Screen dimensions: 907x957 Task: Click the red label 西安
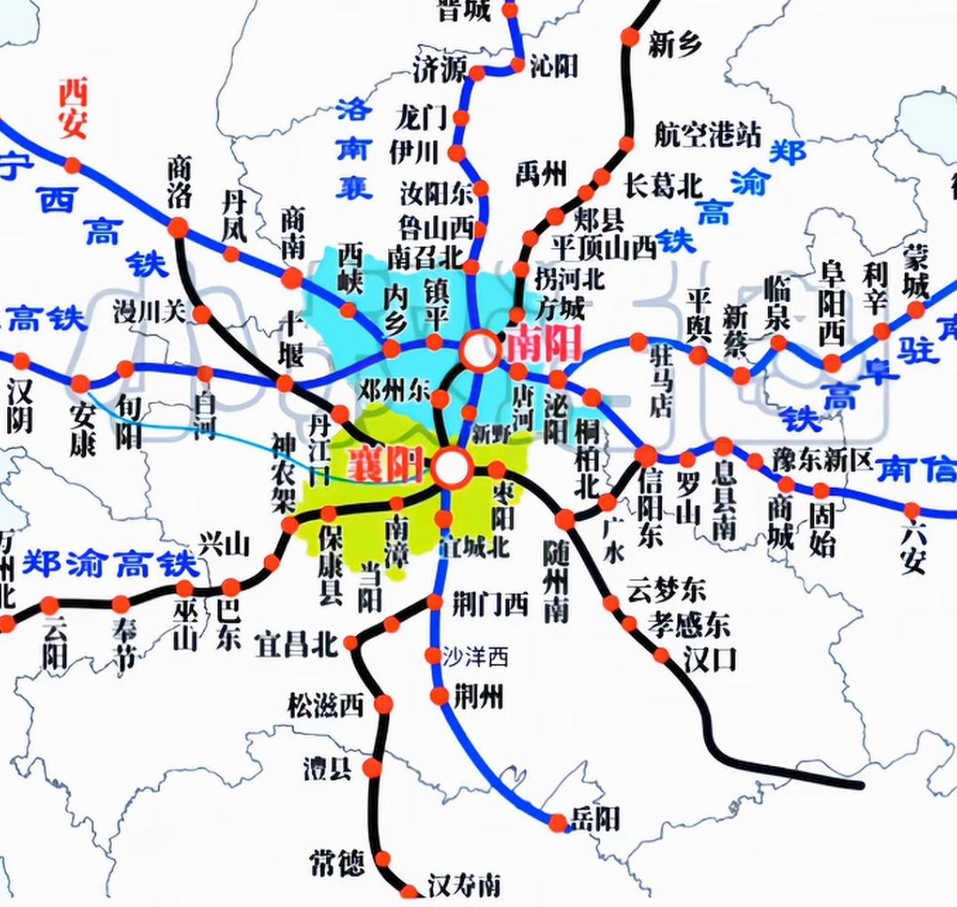point(73,108)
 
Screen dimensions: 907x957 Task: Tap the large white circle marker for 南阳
point(480,351)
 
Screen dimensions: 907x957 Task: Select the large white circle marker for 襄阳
point(452,468)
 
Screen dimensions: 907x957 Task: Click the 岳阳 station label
point(595,818)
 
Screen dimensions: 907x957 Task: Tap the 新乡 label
point(675,44)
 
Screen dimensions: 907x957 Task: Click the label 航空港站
point(708,135)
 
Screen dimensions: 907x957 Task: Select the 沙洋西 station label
point(479,657)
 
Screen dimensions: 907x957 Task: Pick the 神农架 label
point(284,473)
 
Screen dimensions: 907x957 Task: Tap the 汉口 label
point(710,660)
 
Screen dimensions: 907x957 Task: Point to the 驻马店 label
point(663,381)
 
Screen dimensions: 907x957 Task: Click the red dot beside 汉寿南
point(409,891)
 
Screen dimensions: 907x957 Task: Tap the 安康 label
point(82,430)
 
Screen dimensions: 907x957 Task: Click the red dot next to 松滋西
point(384,704)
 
